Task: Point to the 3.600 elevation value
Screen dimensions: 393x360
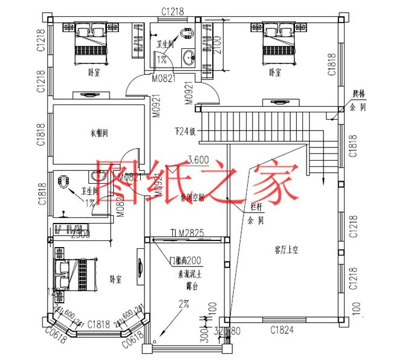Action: point(199,161)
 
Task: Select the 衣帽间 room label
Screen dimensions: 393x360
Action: point(99,133)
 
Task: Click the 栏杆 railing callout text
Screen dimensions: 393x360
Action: point(256,207)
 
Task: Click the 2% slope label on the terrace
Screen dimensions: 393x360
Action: point(183,304)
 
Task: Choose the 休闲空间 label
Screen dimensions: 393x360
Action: point(198,198)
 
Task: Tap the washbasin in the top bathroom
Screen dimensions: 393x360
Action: point(189,58)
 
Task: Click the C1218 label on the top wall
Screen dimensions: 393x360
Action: point(172,10)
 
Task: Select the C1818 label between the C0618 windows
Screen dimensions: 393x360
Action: point(99,325)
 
